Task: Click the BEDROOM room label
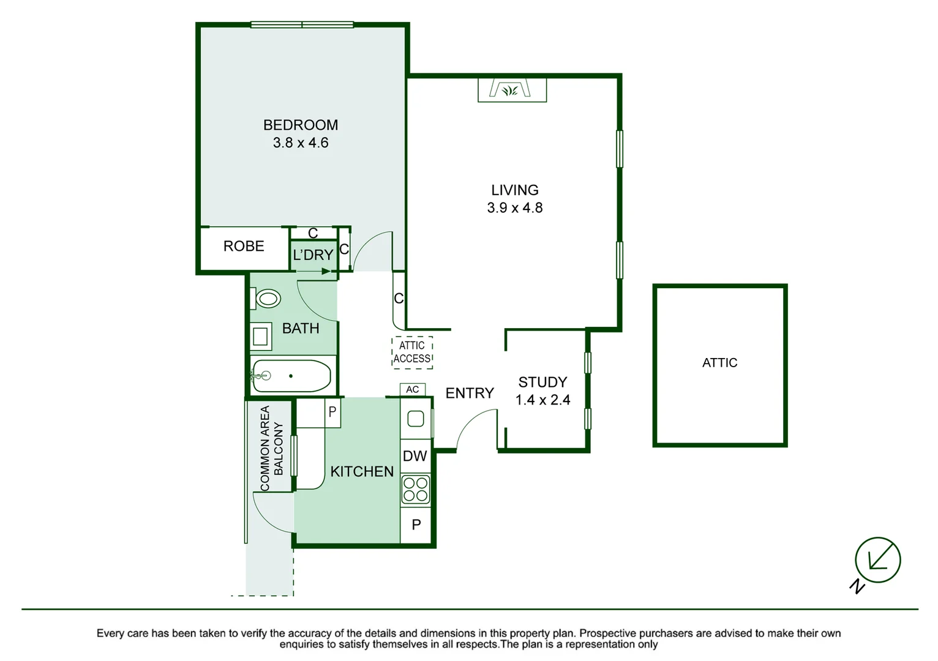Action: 300,125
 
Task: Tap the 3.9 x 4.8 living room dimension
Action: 514,208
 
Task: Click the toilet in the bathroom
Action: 266,299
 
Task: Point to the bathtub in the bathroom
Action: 291,376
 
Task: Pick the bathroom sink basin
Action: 261,337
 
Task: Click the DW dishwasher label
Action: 415,456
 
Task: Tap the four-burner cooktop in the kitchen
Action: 415,490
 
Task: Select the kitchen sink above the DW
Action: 415,419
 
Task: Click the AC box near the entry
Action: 412,389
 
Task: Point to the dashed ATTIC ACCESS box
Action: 412,352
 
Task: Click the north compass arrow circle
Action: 877,560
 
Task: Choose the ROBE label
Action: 244,246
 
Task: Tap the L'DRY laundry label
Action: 313,255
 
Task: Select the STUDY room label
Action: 542,383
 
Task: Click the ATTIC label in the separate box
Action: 719,363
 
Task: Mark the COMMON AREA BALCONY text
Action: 271,448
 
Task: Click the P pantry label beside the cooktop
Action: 416,525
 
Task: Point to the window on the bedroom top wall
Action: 302,25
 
